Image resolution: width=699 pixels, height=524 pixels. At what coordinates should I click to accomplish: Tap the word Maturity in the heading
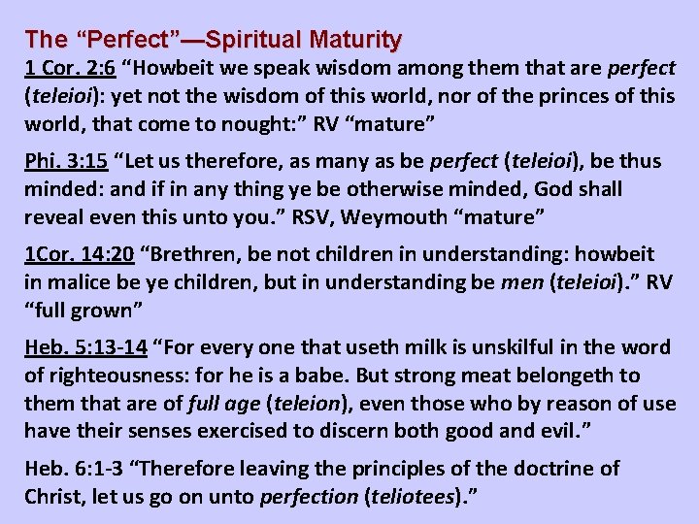pos(355,40)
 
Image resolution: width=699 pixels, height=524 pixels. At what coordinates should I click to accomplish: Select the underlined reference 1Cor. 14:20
pos(80,254)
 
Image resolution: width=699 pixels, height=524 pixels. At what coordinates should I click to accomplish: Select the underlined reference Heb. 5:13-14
pos(85,347)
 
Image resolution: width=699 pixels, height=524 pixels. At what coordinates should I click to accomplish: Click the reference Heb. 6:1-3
pos(78,468)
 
